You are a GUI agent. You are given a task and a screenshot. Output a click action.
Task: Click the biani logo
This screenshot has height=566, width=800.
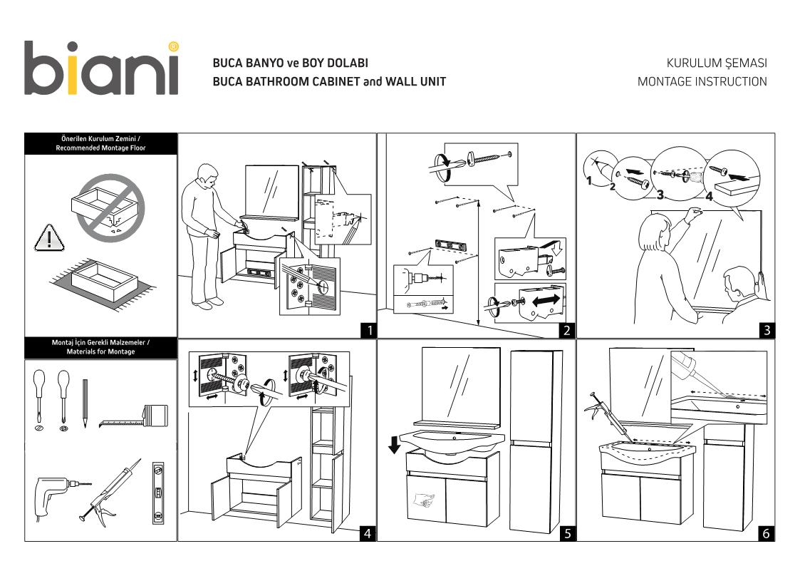(100, 68)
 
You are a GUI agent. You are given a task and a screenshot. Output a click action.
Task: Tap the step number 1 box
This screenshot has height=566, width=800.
(368, 330)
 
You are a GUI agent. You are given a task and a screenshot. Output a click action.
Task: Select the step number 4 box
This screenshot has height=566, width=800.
(367, 532)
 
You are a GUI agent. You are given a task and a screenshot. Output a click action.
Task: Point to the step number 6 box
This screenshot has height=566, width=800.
(766, 532)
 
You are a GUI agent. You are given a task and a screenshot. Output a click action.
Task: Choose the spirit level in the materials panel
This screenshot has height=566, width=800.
(157, 492)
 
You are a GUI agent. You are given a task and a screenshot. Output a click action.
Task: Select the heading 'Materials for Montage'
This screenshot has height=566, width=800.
(100, 351)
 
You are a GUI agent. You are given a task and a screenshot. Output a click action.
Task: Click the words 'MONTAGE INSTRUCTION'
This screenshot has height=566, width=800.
(702, 81)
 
